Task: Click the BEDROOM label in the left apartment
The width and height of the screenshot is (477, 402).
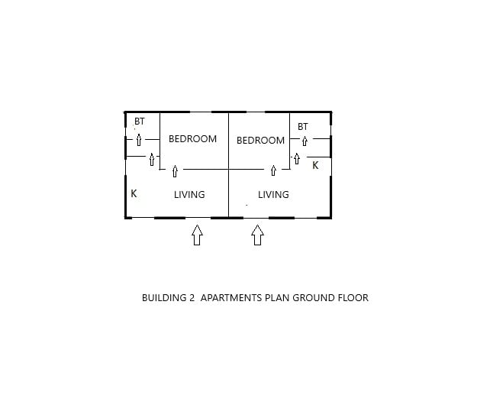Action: [192, 139]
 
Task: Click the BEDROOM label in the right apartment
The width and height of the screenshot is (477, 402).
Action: [260, 141]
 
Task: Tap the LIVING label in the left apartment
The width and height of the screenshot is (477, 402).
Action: [189, 195]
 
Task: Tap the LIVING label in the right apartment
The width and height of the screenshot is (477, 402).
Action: [273, 195]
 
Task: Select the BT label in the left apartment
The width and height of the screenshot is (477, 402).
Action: [140, 122]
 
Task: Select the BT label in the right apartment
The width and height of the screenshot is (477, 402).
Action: [303, 127]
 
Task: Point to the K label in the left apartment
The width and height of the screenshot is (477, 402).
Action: [134, 193]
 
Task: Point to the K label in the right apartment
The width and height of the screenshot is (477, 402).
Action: [315, 165]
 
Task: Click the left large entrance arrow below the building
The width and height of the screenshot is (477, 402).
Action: [197, 235]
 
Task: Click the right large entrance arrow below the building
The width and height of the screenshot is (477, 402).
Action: [257, 235]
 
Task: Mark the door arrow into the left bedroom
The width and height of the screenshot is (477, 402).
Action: [175, 171]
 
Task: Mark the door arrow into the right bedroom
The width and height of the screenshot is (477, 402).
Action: [273, 170]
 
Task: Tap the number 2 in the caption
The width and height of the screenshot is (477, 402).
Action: [192, 297]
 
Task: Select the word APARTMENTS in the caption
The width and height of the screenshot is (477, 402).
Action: [231, 297]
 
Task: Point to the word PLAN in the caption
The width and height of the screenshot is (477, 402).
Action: [277, 297]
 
